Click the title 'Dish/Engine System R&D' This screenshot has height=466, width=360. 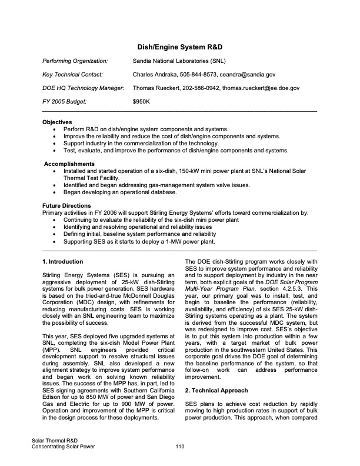point(179,46)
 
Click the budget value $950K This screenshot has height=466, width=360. point(142,101)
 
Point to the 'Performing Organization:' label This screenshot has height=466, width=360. point(75,61)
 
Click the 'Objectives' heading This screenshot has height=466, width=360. point(57,122)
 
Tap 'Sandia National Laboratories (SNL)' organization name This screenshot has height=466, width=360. point(179,61)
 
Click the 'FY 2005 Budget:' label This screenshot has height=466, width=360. point(64,101)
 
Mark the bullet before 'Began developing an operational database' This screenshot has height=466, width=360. point(55,192)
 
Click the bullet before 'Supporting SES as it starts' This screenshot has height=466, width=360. point(55,241)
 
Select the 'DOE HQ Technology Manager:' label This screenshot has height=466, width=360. point(83,88)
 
